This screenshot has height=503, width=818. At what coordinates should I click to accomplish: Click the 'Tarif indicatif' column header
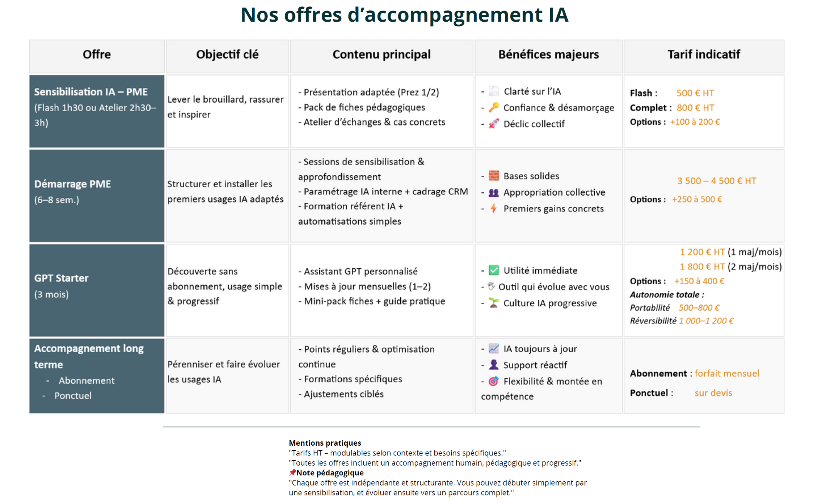point(703,55)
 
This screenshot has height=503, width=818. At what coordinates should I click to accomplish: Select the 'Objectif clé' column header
point(227,55)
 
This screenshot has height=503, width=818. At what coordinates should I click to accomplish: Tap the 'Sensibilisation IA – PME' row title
point(91,92)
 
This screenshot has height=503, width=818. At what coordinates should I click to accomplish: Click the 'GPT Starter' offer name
point(62,278)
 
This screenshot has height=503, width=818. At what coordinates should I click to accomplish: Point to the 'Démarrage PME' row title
point(73,184)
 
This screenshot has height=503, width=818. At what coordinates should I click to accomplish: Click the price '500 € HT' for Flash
point(695,93)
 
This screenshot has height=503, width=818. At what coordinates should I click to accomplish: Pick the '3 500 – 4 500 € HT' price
point(717,181)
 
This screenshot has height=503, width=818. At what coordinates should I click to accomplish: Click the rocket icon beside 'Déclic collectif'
point(493,124)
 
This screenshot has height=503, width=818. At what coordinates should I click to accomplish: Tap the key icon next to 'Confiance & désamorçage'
point(493,108)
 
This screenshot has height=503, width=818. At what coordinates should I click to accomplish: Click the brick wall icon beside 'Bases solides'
point(494,176)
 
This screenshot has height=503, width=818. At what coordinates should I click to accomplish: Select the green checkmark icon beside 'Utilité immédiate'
point(494,270)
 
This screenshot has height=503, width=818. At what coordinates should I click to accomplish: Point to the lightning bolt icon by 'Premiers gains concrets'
point(493,209)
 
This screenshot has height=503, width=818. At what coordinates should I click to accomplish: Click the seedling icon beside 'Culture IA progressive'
point(493,303)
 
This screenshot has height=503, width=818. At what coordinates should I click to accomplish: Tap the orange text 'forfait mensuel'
point(727,374)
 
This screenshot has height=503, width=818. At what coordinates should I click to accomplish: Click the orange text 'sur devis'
point(713,393)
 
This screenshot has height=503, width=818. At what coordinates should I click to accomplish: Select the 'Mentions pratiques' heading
point(325,443)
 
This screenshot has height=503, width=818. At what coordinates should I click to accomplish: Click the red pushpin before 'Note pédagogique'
point(292,473)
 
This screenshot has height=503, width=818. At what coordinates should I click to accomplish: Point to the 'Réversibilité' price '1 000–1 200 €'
point(706,321)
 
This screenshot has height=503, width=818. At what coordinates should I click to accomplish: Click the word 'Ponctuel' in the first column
point(73,396)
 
